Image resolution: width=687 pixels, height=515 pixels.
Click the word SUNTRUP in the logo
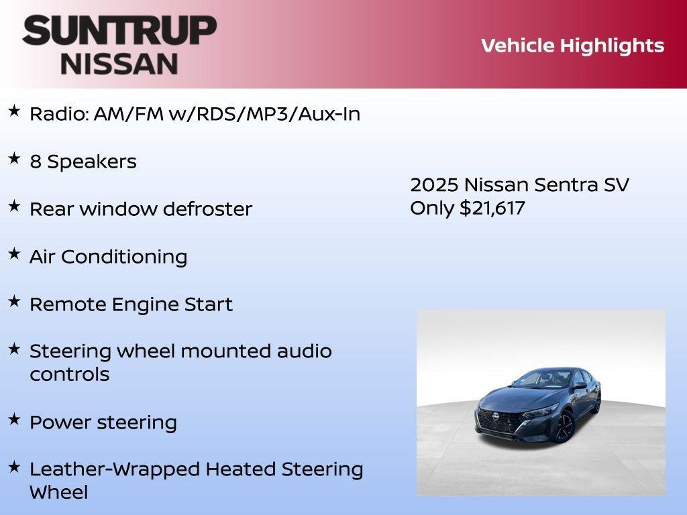coord(119,30)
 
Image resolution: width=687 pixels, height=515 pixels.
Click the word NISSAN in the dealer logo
coord(119,63)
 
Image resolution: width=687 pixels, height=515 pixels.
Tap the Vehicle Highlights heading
coord(572,46)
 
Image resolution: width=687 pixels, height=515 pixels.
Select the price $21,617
coord(492,208)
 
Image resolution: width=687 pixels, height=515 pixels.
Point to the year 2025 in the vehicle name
coord(433,185)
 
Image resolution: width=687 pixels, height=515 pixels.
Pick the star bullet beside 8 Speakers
coord(14,159)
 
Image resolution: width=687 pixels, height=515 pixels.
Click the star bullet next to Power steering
coord(14,420)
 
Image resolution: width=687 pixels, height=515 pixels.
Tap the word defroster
coord(213,209)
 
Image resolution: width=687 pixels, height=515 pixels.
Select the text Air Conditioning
coord(108,257)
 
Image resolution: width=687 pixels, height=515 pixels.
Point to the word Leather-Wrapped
coord(115,469)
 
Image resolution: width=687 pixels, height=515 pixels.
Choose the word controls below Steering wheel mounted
coord(69,374)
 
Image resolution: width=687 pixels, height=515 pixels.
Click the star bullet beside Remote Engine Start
coord(14,302)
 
